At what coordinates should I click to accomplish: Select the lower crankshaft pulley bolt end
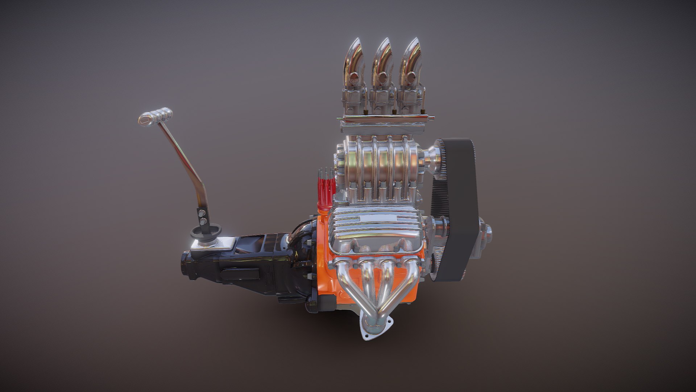point(488,231)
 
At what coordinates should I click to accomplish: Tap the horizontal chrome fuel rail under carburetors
point(384,119)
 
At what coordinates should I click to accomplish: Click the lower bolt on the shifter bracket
point(204,221)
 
